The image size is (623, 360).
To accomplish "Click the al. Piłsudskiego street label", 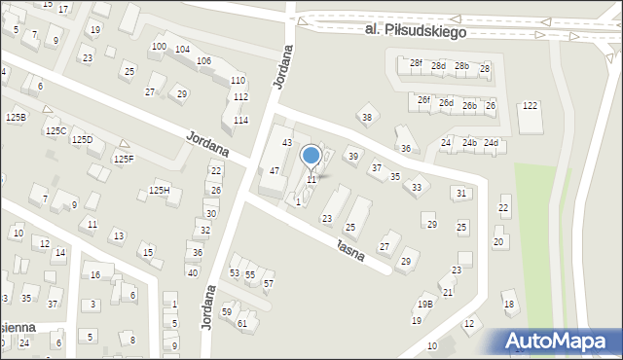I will pyautogui.click(x=416, y=31).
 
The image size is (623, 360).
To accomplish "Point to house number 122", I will pyautogui.click(x=530, y=105).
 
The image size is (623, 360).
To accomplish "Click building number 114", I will pyautogui.click(x=240, y=120).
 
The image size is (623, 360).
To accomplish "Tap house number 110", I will pyautogui.click(x=238, y=80).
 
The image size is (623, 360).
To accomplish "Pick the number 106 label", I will pyautogui.click(x=203, y=61).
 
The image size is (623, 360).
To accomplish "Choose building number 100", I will pyautogui.click(x=158, y=47).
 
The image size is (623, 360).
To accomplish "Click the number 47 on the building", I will pyautogui.click(x=275, y=170).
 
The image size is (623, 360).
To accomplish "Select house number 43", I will pyautogui.click(x=287, y=143).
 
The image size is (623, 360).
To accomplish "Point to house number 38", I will pyautogui.click(x=366, y=118).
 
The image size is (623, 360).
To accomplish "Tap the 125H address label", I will pyautogui.click(x=160, y=190).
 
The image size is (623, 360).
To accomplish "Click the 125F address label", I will pyautogui.click(x=124, y=159).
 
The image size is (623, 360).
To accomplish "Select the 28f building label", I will pyautogui.click(x=416, y=63).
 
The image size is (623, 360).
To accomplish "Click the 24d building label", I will pyautogui.click(x=492, y=143).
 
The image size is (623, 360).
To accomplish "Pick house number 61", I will pyautogui.click(x=242, y=323).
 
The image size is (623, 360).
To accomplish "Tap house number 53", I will pyautogui.click(x=234, y=273).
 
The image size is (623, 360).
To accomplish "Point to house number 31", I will pyautogui.click(x=461, y=194).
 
